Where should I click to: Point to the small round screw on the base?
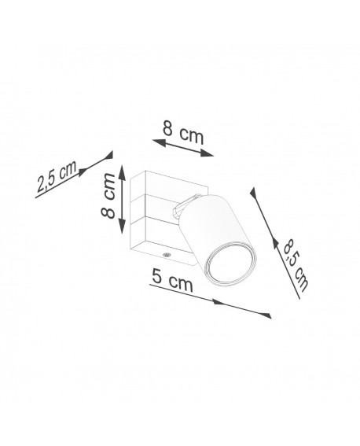coord(166,254)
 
